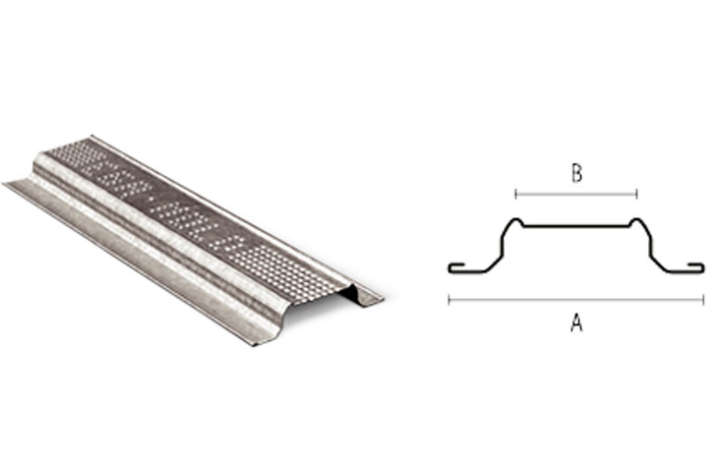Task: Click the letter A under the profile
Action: point(576,323)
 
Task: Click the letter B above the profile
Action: point(576,174)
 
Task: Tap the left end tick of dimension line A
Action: point(450,300)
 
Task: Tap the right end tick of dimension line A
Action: point(703,300)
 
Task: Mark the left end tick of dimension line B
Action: point(516,194)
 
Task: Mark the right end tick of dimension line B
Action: point(636,194)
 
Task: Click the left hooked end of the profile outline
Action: point(456,267)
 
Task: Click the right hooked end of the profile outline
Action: point(696,267)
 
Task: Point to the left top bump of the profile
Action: point(516,221)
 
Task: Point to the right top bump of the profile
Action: point(636,221)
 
